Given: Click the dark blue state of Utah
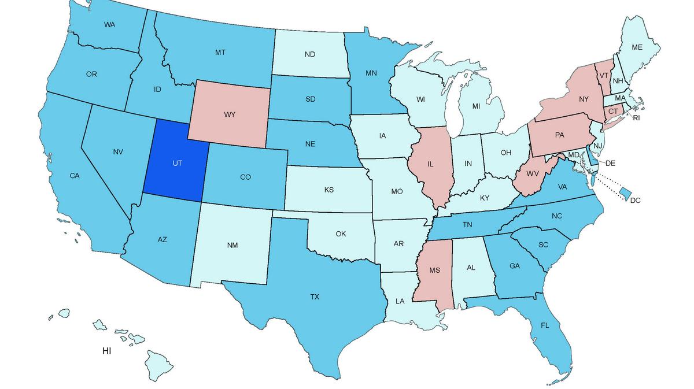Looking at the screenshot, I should click(x=173, y=162).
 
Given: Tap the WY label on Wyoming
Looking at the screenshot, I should click(x=229, y=114).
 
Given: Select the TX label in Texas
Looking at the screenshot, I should click(x=314, y=297).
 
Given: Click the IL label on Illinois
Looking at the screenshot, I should click(x=430, y=164).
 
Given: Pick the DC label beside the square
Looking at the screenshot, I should click(x=636, y=200).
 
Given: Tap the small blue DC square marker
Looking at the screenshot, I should click(x=624, y=191).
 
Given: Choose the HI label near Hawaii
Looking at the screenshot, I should click(x=106, y=351).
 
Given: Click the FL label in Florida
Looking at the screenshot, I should click(x=545, y=325).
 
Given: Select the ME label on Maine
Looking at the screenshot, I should click(x=637, y=47).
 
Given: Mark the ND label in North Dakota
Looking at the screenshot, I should click(x=309, y=54).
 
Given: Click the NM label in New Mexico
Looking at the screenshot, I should click(x=232, y=245).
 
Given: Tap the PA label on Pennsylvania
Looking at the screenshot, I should click(x=559, y=135).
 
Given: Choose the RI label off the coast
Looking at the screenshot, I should click(x=637, y=118).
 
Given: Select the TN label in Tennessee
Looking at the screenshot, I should click(x=468, y=225).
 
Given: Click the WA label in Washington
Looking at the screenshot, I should click(x=109, y=25).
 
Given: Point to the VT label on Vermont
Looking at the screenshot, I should click(x=603, y=76).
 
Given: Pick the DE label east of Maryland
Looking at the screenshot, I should click(x=610, y=163).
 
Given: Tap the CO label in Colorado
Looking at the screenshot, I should click(x=245, y=177).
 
